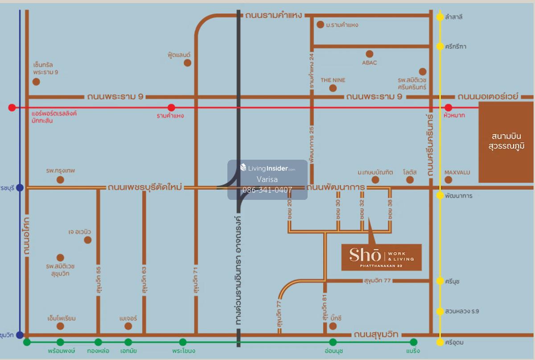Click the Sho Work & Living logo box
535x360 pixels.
[381, 257]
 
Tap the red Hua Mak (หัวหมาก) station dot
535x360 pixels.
[449, 108]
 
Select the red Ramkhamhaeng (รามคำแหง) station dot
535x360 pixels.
[171, 108]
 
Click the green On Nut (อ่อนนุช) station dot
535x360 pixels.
[333, 342]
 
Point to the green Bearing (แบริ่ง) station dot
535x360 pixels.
[414, 342]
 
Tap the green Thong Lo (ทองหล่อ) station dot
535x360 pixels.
[98, 342]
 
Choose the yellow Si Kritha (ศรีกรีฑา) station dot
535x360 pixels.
[440, 46]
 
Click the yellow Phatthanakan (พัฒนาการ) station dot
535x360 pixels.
[440, 195]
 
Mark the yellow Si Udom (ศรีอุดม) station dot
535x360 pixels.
[440, 342]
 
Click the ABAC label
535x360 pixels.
[369, 63]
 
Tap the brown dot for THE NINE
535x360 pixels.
[333, 88]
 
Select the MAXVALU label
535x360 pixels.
[457, 172]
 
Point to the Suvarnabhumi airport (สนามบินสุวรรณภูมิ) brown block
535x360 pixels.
[506, 142]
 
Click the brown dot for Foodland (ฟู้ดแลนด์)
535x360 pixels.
[188, 63]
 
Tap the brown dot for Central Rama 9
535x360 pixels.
[36, 82]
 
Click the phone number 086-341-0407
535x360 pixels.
[267, 190]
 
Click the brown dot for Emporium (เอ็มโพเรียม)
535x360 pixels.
[61, 326]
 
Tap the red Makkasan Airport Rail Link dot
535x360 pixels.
[12, 108]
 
